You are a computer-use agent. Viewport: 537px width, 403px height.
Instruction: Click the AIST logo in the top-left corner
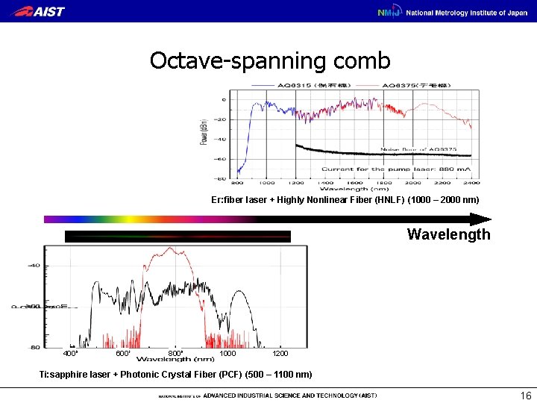point(40,11)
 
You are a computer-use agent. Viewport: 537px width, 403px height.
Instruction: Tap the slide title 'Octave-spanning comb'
point(269,60)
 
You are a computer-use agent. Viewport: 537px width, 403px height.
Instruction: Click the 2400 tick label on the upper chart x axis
point(470,183)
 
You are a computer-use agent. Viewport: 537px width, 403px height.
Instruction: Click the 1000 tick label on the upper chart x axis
point(266,183)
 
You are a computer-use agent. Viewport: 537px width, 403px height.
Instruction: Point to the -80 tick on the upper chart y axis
point(222,178)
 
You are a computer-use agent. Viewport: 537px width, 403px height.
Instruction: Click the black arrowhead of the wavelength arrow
point(481,219)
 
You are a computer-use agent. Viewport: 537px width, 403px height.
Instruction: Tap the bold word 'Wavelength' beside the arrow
point(448,234)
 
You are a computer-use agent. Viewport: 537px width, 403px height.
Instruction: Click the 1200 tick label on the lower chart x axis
point(280,354)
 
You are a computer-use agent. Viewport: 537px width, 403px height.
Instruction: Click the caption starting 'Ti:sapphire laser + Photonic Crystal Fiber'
point(176,374)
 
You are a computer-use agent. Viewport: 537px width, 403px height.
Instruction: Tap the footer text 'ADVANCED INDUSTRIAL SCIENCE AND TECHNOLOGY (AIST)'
point(289,396)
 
